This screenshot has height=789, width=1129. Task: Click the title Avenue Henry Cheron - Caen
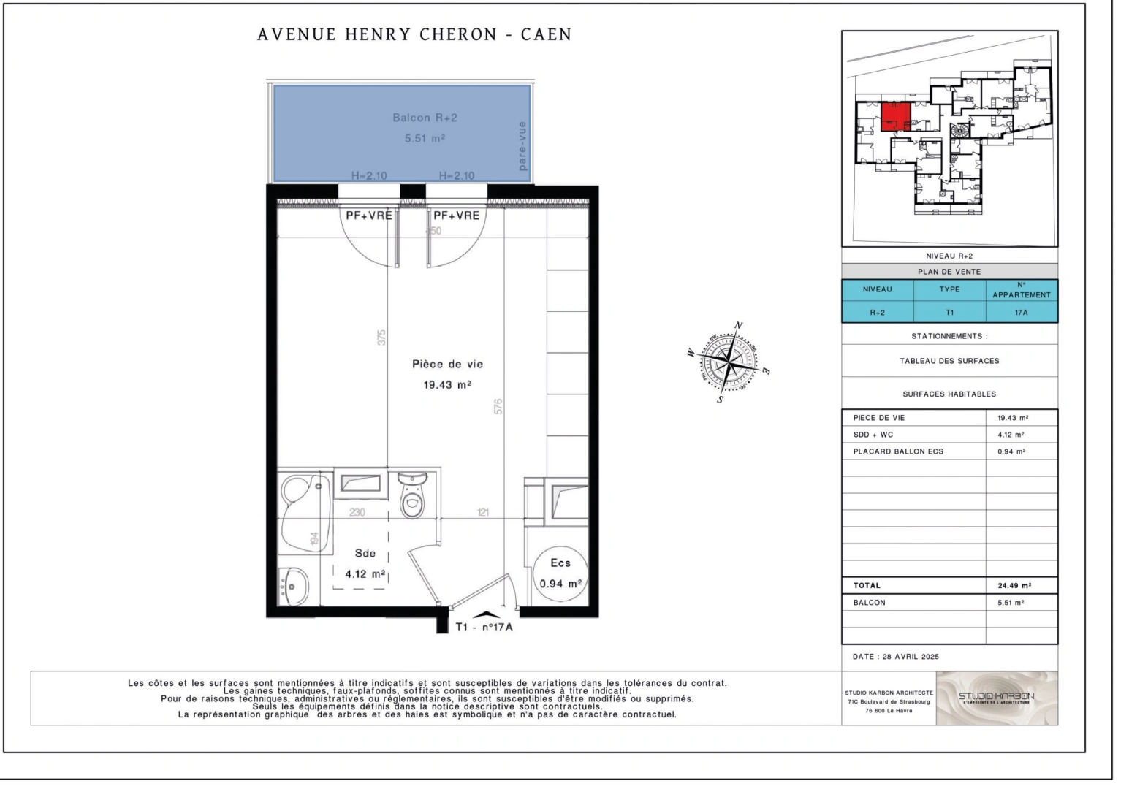point(414,34)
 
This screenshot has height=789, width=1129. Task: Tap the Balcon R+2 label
point(425,118)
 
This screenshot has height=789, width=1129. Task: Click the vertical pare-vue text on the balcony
point(522,146)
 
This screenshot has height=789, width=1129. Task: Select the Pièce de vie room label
point(447,364)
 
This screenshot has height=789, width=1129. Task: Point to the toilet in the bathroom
point(413,495)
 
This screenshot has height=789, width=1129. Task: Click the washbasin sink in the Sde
point(294,586)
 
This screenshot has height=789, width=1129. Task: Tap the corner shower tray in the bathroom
point(303,497)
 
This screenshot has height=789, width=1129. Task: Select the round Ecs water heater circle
point(560,573)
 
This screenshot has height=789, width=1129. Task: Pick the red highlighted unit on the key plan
point(895,116)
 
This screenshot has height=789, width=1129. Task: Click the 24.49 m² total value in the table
point(1014,585)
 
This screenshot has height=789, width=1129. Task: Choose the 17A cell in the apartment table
point(1021,312)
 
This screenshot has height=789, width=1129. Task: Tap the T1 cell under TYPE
point(949,312)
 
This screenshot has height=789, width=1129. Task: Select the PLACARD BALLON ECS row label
point(898,451)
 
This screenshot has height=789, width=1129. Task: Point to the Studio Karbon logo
point(996,697)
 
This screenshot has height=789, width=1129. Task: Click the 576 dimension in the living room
point(498,406)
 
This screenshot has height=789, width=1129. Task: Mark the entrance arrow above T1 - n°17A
point(483,616)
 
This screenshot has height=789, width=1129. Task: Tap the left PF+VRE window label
point(368,216)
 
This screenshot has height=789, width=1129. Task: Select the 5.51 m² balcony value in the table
point(1011,603)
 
